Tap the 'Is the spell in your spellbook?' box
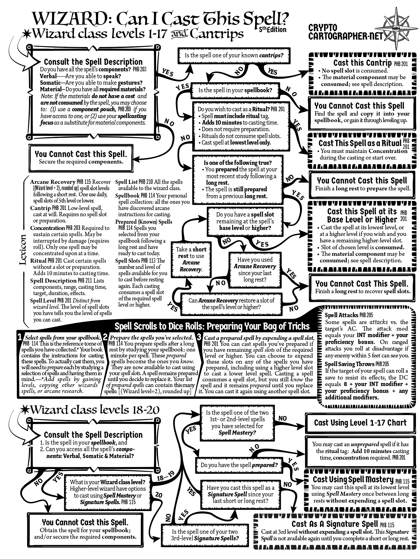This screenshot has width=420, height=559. point(235,90)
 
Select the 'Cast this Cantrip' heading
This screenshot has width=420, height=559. point(362,63)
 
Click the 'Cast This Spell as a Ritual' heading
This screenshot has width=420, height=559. point(360,143)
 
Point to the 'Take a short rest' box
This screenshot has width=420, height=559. point(191,259)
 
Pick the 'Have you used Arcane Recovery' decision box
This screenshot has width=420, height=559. point(255,270)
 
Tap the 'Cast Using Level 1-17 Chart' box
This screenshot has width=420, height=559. point(360,423)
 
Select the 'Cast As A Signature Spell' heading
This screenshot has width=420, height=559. point(334,524)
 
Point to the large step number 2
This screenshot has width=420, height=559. point(105,337)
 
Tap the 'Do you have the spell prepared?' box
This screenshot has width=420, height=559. point(239,465)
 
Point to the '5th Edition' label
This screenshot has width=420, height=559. point(273,30)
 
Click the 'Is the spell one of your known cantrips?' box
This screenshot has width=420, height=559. point(234,55)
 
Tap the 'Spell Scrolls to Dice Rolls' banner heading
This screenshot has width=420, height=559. point(212,326)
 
